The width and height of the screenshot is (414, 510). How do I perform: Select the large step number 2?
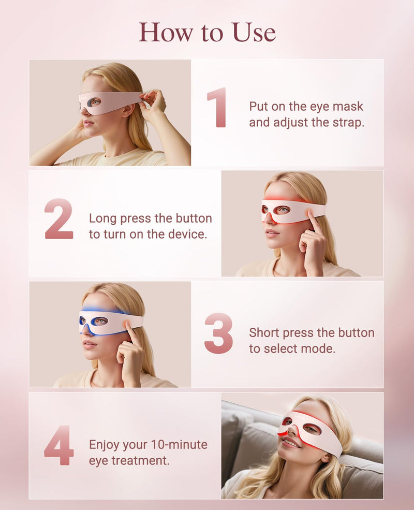[x=58, y=219]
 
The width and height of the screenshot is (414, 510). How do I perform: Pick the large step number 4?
[x=58, y=445]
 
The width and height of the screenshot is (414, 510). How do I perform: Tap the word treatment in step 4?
[x=140, y=460]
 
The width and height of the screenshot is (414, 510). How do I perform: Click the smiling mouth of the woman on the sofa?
[x=291, y=443]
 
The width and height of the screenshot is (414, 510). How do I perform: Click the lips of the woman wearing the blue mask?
[x=88, y=344]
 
